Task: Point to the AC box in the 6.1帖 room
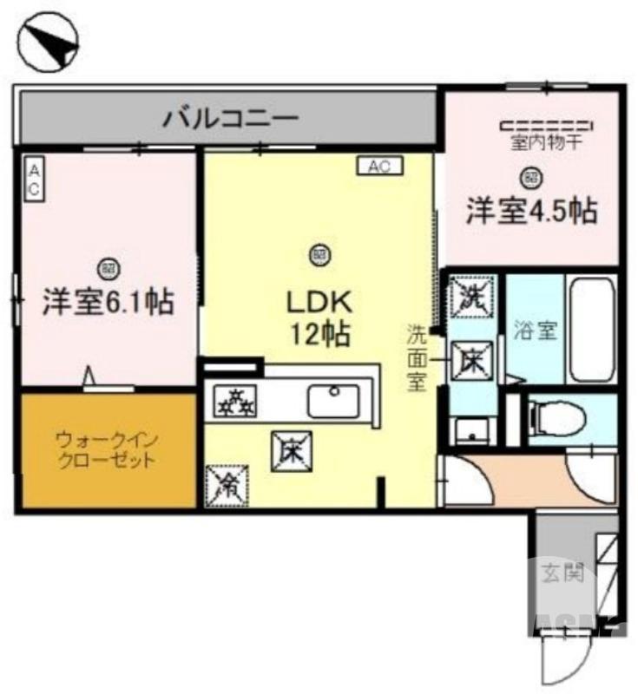(x=33, y=180)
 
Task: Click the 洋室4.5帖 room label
(x=531, y=213)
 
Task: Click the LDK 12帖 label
(x=319, y=317)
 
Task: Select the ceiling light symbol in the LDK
(x=319, y=255)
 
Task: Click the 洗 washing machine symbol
(x=472, y=297)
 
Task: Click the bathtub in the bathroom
(x=590, y=330)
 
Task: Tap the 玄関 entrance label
(x=562, y=573)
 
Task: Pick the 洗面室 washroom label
(x=418, y=357)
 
